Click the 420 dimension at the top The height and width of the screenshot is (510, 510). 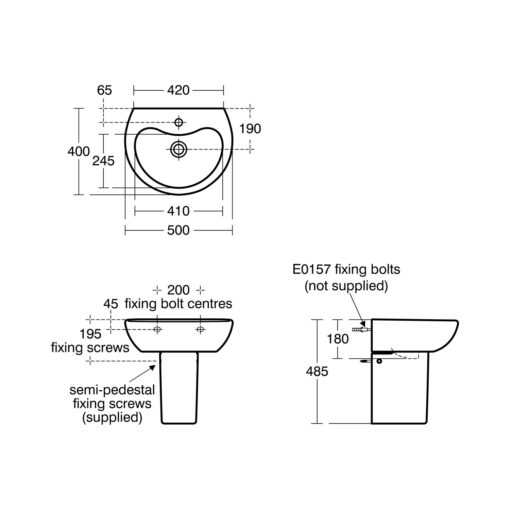[178, 90]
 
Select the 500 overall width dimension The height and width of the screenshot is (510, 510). [178, 231]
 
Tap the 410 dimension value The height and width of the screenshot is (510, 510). [178, 211]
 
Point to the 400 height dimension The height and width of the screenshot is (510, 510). [79, 151]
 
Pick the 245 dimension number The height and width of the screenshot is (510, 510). [103, 161]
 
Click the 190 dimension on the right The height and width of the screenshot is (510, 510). [250, 129]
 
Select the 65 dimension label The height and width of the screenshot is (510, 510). [104, 90]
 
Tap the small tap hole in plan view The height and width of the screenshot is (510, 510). [178, 122]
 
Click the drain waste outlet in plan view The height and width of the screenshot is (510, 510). [178, 149]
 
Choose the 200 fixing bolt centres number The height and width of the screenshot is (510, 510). [178, 290]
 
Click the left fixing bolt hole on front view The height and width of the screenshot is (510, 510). [157, 329]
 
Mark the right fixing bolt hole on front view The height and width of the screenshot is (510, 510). [200, 329]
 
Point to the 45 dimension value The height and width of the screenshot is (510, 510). [111, 304]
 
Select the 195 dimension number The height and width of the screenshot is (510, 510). [90, 334]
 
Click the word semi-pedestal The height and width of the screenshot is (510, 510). [112, 390]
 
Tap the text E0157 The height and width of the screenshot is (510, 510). [311, 270]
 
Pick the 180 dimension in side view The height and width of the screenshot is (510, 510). [338, 339]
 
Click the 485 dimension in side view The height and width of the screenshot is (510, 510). [317, 372]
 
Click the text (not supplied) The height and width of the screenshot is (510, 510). [346, 286]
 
